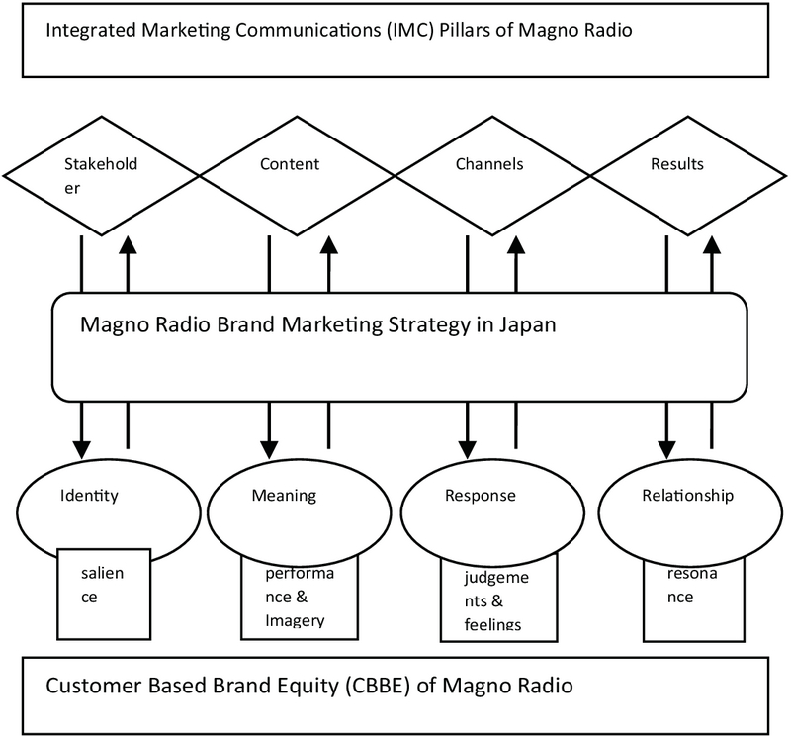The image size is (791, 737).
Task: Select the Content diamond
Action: [x=298, y=173]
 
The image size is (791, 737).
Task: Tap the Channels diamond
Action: [x=491, y=173]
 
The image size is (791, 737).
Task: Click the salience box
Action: [x=104, y=594]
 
